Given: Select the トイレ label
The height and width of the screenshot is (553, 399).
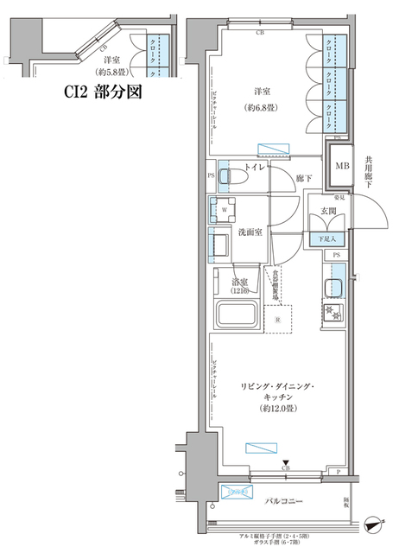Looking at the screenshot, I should [x=254, y=166].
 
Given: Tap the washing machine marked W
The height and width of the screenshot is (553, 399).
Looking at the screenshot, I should [x=225, y=209].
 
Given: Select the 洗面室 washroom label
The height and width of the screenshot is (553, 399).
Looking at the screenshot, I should [x=250, y=232].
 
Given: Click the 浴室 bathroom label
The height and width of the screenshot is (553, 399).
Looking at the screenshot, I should [x=240, y=283].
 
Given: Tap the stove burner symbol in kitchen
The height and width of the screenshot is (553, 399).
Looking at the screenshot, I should [x=332, y=312].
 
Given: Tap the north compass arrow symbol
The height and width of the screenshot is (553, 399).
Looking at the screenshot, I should [x=372, y=524].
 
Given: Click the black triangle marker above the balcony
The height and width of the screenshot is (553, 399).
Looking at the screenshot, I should [x=286, y=462].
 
